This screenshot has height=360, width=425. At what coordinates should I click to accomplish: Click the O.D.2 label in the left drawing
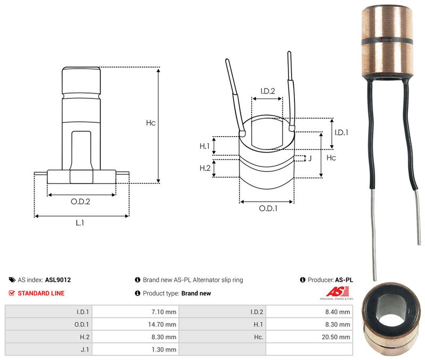pyautogui.click(x=80, y=202)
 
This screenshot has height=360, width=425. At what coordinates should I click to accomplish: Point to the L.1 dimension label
pyautogui.click(x=80, y=223)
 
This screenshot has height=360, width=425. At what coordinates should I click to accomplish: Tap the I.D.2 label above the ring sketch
pyautogui.click(x=268, y=91)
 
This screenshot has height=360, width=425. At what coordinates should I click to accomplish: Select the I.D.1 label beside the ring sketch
pyautogui.click(x=341, y=132)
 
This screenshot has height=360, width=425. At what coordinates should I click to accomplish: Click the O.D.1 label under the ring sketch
pyautogui.click(x=268, y=208)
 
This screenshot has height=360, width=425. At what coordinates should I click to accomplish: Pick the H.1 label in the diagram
pyautogui.click(x=205, y=146)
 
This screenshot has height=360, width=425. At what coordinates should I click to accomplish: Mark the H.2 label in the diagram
pyautogui.click(x=205, y=168)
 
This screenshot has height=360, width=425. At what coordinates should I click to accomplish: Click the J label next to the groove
pyautogui.click(x=310, y=158)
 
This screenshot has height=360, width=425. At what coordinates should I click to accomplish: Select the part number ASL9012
pyautogui.click(x=58, y=280)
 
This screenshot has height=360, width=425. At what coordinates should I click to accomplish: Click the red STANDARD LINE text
pyautogui.click(x=41, y=293)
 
